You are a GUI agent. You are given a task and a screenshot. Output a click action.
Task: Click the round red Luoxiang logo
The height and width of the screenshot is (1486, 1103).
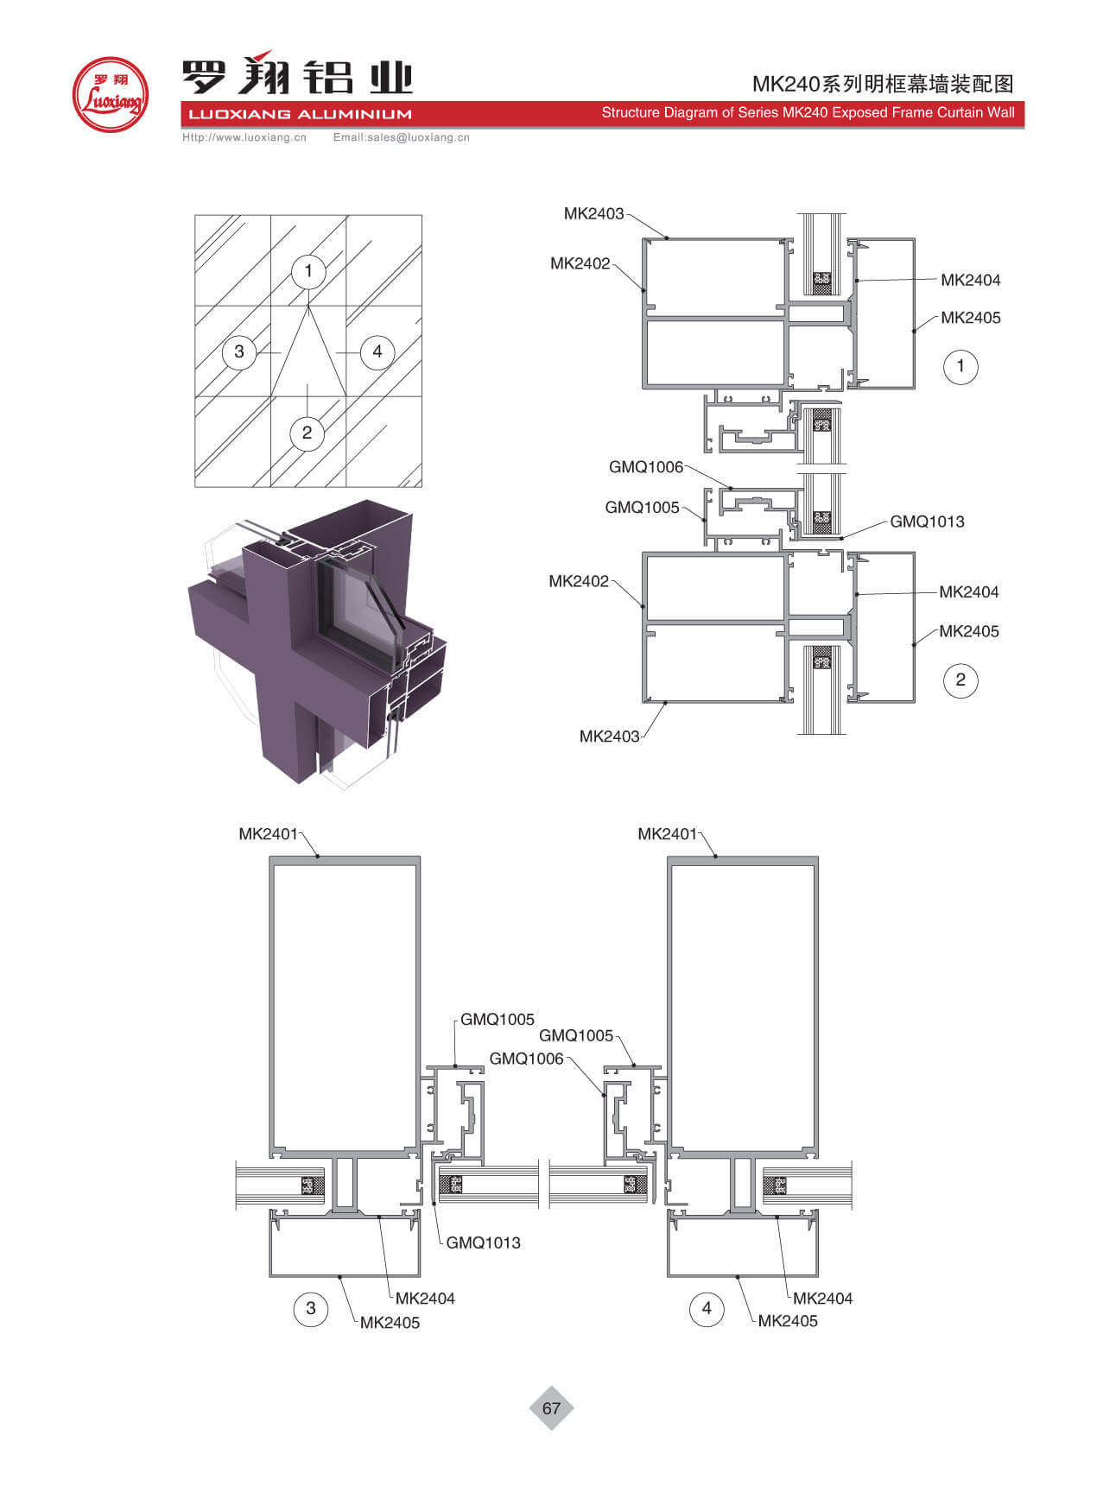coord(110,94)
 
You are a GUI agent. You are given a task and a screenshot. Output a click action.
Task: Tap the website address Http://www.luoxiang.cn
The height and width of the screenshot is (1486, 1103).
coord(244,137)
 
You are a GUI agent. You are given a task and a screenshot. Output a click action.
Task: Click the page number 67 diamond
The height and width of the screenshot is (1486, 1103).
coord(551,1408)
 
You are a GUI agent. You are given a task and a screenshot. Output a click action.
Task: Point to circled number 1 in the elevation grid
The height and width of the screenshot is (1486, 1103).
coord(307,271)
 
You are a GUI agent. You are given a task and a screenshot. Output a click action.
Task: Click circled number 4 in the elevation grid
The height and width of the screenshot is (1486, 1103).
coord(377,351)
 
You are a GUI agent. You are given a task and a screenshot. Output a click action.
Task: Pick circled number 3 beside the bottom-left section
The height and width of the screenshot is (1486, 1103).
coord(311,1308)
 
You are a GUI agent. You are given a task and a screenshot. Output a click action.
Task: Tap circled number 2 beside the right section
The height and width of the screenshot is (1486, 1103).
coord(960,680)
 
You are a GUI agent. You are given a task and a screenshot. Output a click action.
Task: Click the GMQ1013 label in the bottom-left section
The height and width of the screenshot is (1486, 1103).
coord(483,1243)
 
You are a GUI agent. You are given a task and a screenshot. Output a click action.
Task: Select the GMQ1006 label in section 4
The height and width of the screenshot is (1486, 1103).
coord(526,1059)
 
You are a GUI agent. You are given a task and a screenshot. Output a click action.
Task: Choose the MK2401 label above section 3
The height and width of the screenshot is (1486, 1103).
coord(268,834)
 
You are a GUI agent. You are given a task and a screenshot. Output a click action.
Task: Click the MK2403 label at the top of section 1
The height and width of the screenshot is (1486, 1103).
coord(593,213)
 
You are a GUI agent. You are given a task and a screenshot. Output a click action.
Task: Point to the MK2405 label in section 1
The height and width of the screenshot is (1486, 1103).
coord(971,318)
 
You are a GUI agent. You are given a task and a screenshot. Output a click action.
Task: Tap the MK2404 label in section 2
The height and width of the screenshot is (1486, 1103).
coord(969,592)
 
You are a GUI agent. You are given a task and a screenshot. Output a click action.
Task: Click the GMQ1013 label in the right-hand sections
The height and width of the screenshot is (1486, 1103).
coord(927,522)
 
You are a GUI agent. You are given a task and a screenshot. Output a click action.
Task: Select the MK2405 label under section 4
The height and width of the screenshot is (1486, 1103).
coord(788,1321)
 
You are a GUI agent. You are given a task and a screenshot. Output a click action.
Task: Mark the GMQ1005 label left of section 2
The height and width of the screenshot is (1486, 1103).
coord(642,508)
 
